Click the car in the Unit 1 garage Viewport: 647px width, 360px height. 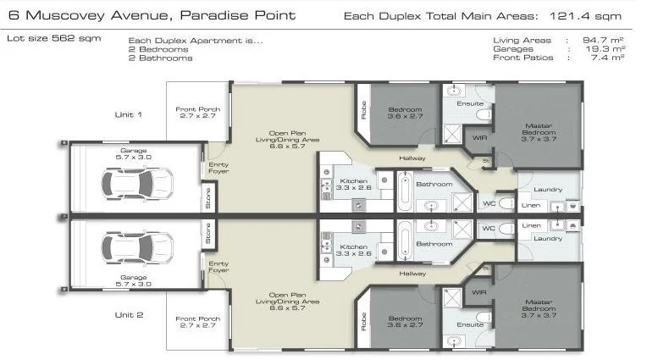135,180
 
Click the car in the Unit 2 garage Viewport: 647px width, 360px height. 135,247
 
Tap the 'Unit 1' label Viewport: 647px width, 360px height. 129,114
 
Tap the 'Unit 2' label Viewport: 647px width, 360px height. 129,314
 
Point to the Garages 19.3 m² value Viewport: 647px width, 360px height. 611,49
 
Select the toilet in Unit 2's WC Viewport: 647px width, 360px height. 506,228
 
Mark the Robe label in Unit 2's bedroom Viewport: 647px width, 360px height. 363,322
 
